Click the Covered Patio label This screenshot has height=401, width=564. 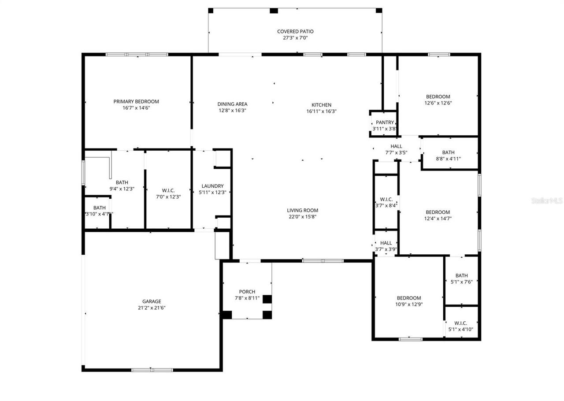click(x=295, y=32)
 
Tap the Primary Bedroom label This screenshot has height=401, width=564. click(x=136, y=101)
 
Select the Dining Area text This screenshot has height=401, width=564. click(x=232, y=104)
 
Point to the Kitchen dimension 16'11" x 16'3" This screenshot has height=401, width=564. click(x=322, y=111)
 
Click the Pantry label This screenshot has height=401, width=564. click(x=385, y=123)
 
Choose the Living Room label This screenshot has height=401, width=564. click(x=302, y=211)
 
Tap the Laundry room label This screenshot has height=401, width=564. click(x=212, y=186)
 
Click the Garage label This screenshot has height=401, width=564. click(x=152, y=302)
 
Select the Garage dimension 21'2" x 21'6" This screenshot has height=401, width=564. click(x=152, y=308)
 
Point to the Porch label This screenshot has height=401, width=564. click(x=247, y=292)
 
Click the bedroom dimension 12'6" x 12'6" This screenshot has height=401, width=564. click(x=438, y=103)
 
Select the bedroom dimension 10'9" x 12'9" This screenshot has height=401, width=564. click(x=409, y=304)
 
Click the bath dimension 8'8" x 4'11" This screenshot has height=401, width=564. click(x=448, y=159)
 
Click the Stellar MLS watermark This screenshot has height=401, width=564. click(x=547, y=201)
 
